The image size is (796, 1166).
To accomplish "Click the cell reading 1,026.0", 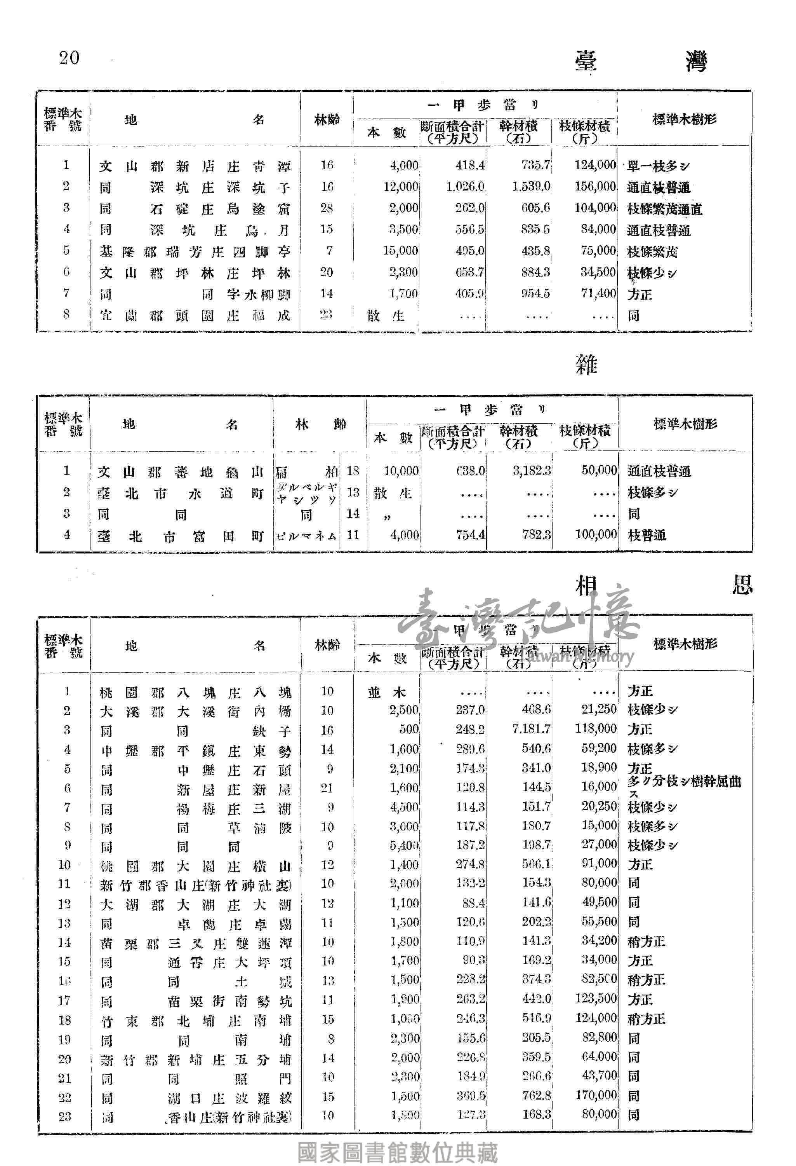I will (x=465, y=187).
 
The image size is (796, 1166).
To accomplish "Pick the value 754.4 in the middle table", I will (x=470, y=535).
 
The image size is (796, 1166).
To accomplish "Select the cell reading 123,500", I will (x=596, y=998).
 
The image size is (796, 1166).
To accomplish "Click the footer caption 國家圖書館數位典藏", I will (x=398, y=1152).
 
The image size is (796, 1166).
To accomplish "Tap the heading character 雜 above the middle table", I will (x=586, y=364).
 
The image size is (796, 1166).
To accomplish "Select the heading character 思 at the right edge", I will (x=742, y=585).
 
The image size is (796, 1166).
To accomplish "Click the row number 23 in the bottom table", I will (x=65, y=1116).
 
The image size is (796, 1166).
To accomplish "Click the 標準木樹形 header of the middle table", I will (x=685, y=424).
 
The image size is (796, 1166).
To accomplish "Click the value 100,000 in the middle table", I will (x=596, y=534).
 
